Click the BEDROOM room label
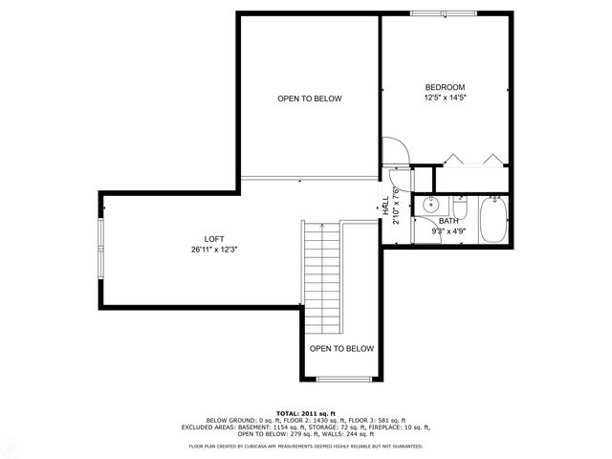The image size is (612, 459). pos(445,87)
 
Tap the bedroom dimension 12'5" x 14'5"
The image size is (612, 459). pos(445,98)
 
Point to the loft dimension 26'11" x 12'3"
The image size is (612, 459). pos(213,250)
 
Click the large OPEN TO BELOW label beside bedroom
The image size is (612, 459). pos(309,98)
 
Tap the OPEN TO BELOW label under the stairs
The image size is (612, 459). pos(341,349)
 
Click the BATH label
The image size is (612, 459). pos(448,221)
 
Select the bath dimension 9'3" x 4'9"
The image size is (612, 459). pos(448,231)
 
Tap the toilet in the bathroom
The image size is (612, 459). pos(459,208)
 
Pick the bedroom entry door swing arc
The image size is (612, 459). pos(395,152)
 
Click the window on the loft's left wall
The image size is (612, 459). pos(100,248)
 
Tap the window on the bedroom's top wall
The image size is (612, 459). pos(442,12)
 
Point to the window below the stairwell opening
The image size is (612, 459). pos(343,379)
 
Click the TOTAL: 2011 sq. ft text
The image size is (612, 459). pos(306,413)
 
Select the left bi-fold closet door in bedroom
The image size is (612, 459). pos(452,159)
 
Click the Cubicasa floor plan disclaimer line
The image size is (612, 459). pos(306,446)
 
